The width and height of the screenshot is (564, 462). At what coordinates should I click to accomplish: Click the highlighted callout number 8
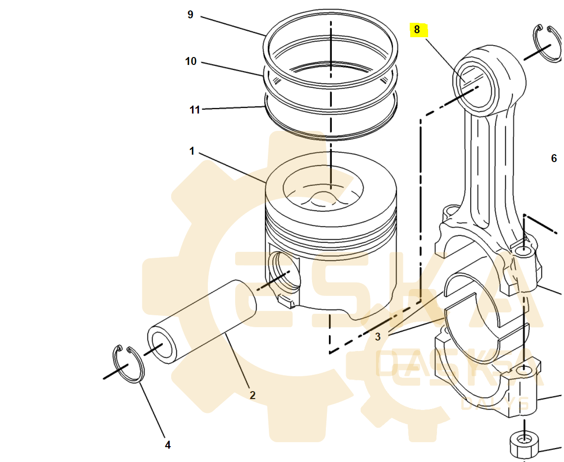pos(417,30)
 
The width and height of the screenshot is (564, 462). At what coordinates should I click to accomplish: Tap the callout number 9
pos(190,15)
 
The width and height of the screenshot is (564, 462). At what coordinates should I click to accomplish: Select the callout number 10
pos(191,61)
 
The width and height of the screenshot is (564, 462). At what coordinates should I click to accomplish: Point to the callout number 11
pos(195,110)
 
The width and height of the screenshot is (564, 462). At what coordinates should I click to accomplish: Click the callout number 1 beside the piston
pos(192,151)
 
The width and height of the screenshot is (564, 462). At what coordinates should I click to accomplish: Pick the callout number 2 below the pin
pos(252,395)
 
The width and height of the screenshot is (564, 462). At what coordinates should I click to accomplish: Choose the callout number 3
pos(378,337)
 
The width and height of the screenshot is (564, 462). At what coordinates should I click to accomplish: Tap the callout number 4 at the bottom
pos(168,445)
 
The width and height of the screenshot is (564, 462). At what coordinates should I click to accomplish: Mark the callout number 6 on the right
pos(554,158)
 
